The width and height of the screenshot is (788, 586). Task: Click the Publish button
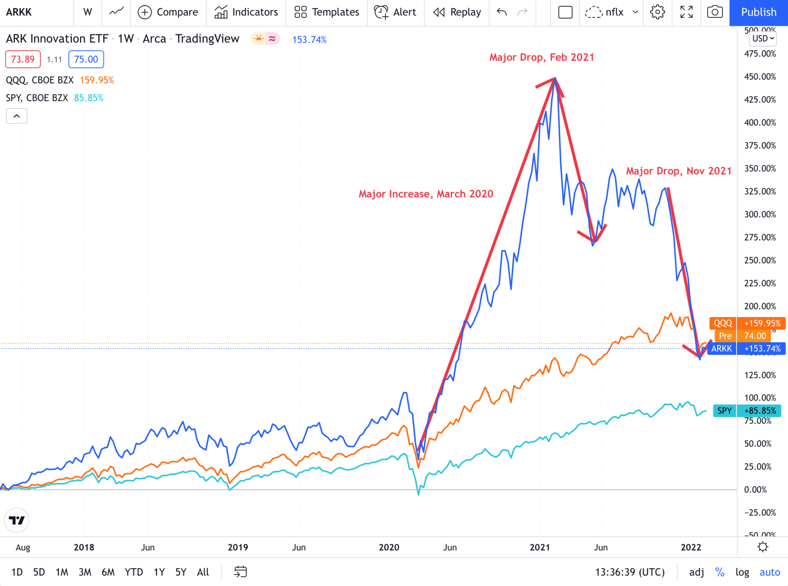point(758,12)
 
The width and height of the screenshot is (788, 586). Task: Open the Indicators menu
point(246,12)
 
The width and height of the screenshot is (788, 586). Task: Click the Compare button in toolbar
point(168,12)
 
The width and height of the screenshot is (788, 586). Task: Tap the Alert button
point(395,12)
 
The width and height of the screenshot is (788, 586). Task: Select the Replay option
point(457,12)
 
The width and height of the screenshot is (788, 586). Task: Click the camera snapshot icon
point(715,12)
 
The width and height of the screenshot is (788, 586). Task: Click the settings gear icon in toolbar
point(657,12)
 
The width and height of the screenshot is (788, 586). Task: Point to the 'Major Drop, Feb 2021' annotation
point(541,57)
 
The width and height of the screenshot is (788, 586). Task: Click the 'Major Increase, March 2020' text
point(426,194)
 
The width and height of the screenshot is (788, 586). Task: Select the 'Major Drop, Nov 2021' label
point(678,171)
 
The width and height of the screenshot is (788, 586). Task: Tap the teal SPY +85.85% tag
point(747,411)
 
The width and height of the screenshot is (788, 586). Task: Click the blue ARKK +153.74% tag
point(746,349)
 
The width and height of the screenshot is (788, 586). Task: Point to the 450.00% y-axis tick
point(760,77)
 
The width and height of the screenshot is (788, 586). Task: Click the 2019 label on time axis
point(238,547)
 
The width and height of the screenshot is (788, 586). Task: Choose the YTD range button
point(134,572)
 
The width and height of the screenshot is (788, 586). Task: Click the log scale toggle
point(742,572)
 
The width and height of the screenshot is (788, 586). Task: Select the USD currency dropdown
point(763,38)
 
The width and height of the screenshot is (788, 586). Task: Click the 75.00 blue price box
point(86,59)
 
